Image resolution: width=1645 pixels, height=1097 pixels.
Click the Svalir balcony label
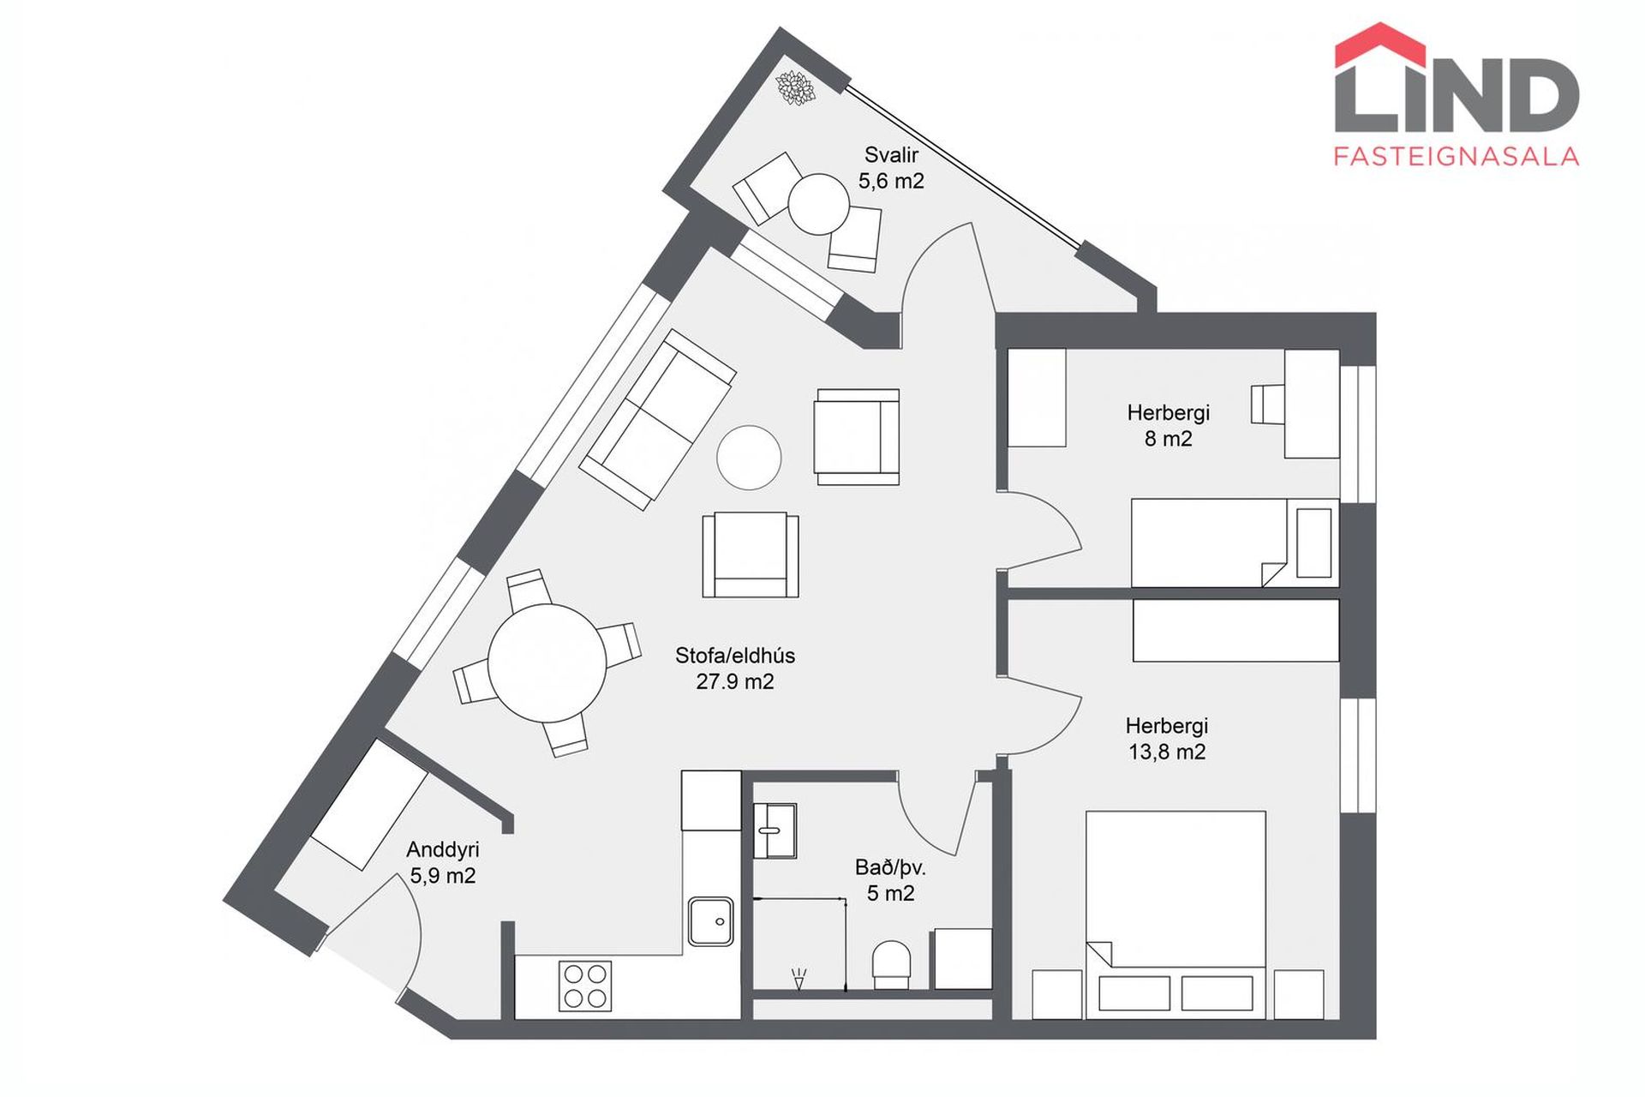tap(891, 155)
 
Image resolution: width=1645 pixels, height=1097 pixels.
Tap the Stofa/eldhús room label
tap(735, 656)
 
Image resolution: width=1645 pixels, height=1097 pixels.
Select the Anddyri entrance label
tap(442, 849)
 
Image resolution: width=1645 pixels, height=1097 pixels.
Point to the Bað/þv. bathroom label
tap(890, 867)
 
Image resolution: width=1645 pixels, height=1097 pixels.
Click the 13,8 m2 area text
tap(1167, 752)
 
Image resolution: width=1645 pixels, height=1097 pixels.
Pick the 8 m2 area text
tap(1168, 439)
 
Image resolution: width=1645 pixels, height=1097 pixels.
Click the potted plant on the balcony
tap(794, 87)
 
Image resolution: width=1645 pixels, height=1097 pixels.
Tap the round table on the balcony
tap(818, 204)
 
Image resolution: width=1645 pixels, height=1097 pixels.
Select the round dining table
tap(547, 663)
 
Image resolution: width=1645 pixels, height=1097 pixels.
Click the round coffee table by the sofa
tap(749, 458)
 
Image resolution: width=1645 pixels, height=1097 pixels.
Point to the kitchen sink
tap(711, 921)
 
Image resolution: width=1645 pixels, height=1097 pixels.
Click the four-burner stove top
tap(585, 986)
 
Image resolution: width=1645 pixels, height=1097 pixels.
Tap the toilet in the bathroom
tap(891, 965)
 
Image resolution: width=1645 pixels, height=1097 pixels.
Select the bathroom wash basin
tap(775, 830)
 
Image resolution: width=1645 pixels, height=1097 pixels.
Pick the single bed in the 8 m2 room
tap(1235, 543)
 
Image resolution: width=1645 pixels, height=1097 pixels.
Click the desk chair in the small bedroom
tap(1268, 405)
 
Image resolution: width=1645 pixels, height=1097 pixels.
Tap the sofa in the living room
tap(657, 420)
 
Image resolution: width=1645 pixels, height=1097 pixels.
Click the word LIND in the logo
tap(1457, 95)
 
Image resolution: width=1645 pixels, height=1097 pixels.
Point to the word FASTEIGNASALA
tap(1457, 156)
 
